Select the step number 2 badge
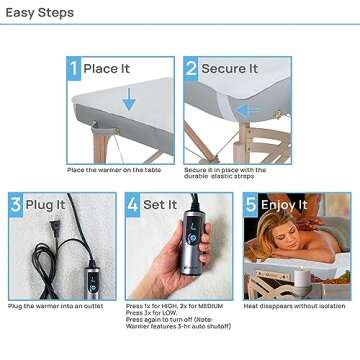click(x=191, y=69)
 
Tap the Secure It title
click(x=230, y=69)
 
